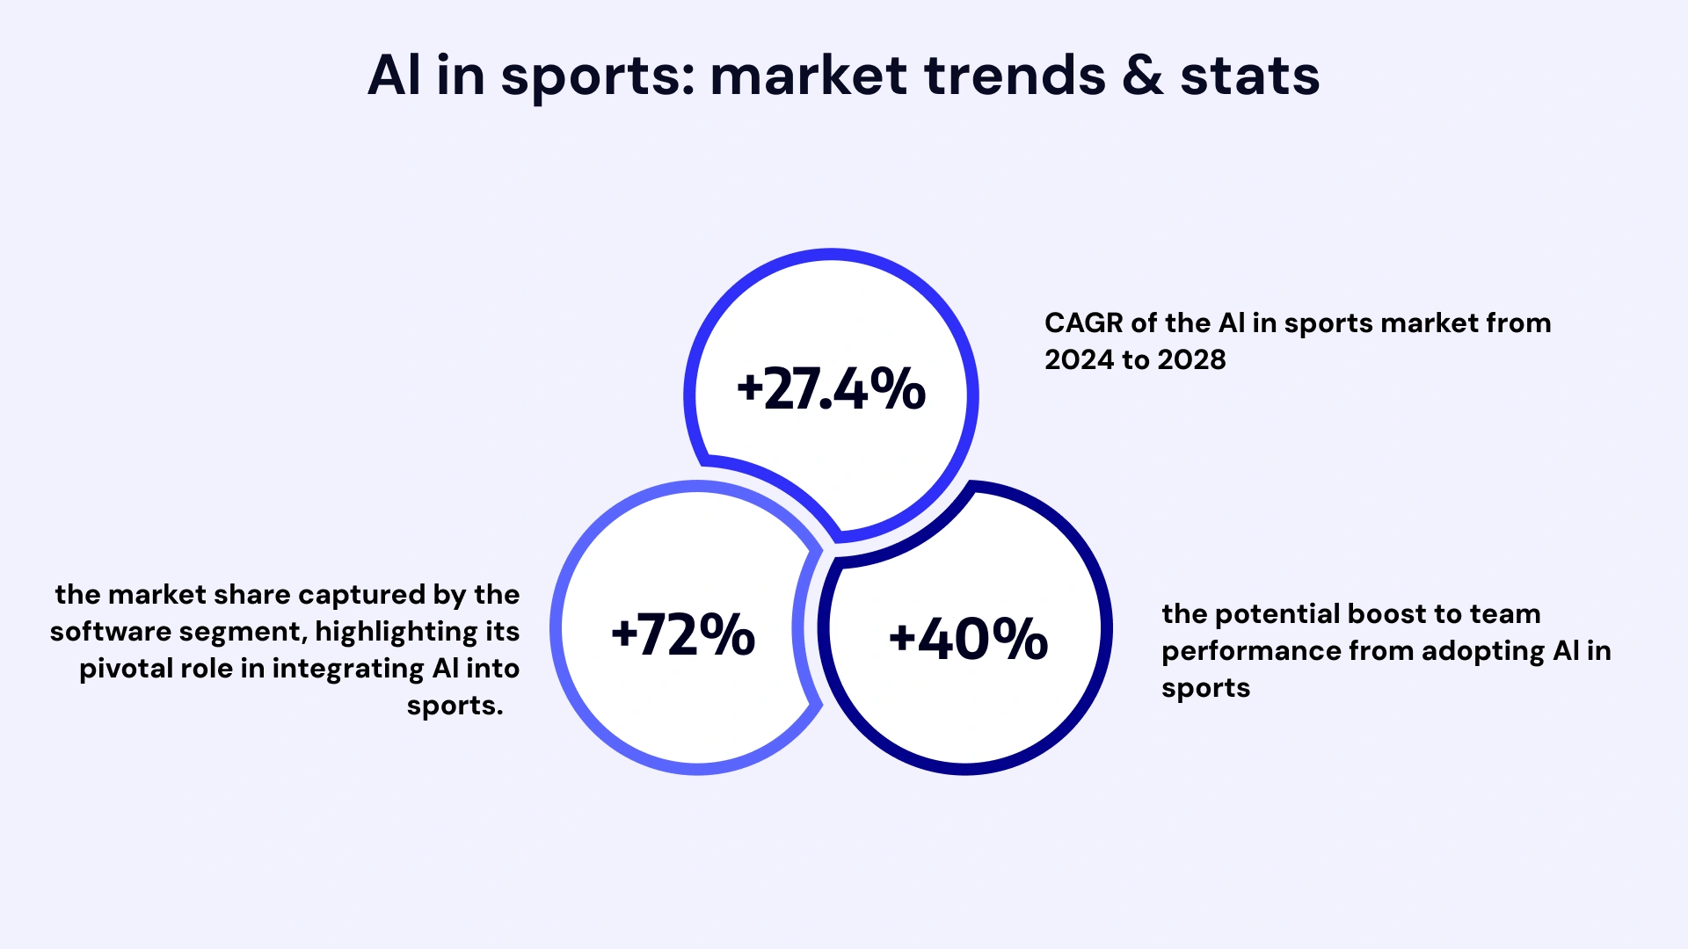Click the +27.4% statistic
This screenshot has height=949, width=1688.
tap(831, 389)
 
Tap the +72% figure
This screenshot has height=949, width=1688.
tap(683, 634)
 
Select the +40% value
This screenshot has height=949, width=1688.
tap(968, 638)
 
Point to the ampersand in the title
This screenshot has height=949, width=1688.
tap(1142, 76)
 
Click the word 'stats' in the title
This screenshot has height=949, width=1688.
tap(1249, 76)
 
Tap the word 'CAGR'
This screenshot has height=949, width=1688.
tap(1083, 323)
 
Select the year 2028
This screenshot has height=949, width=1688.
tap(1191, 360)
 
